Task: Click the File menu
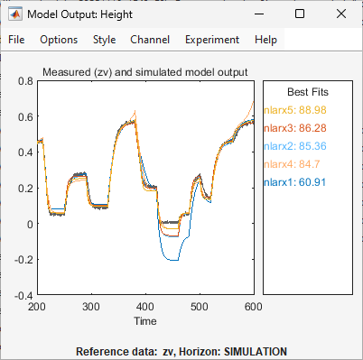17,40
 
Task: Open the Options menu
59,40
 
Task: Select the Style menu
104,40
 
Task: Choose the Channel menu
149,40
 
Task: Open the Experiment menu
212,40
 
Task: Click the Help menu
266,40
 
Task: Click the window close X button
341,14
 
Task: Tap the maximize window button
300,14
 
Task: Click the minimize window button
258,14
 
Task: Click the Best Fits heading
307,92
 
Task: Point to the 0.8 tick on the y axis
24,81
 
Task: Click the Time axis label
144,320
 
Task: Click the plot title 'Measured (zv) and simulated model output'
144,72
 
